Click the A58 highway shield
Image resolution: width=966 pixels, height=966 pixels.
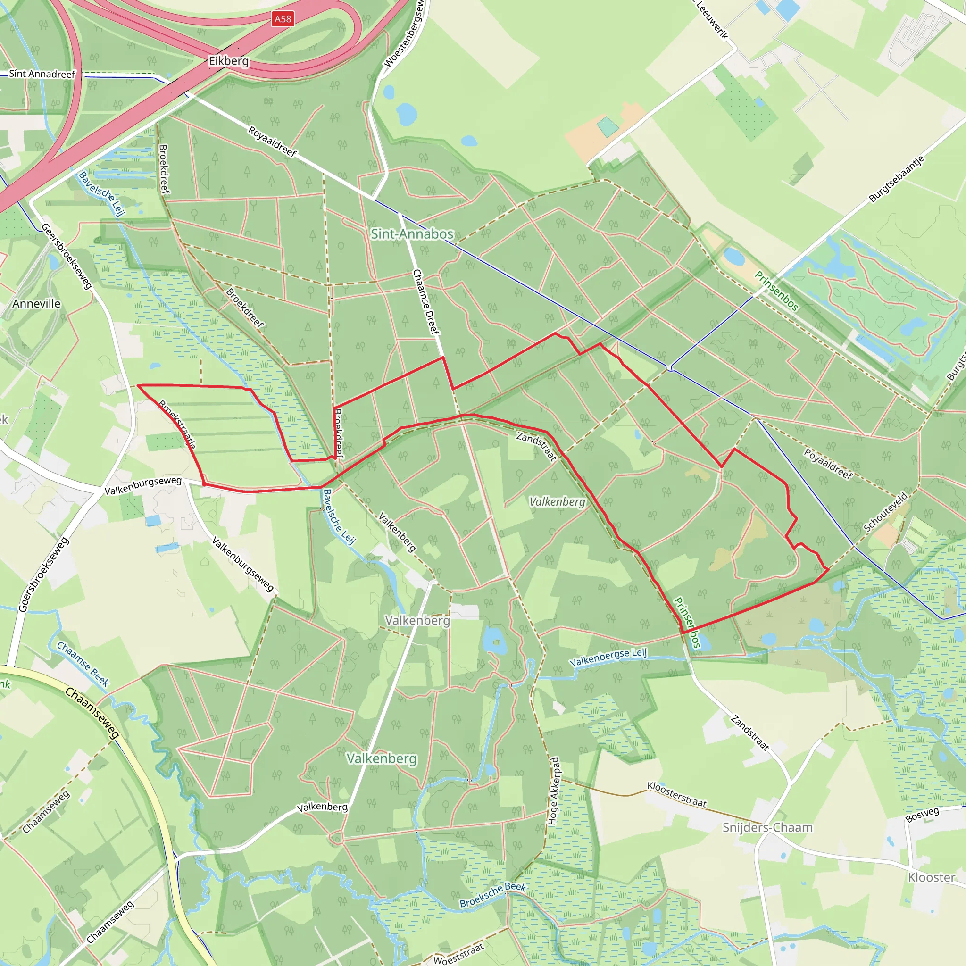283,19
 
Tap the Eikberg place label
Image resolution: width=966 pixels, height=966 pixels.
228,61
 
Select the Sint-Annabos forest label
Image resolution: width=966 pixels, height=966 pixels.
412,233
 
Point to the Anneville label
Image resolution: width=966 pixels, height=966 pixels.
36,303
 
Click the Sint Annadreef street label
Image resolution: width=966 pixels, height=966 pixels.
42,74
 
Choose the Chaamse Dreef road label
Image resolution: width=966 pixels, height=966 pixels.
425,301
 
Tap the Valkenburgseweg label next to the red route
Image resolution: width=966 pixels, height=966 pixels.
143,485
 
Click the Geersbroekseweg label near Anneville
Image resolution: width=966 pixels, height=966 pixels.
67,256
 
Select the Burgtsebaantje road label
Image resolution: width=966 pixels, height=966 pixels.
897,179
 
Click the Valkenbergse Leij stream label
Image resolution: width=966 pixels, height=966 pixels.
608,657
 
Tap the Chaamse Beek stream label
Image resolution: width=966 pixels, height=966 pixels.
83,664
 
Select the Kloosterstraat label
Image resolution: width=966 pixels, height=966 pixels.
677,794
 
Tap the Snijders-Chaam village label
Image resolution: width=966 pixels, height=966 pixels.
767,827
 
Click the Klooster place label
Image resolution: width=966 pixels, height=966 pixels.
932,877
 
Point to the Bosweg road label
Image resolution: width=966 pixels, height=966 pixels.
922,815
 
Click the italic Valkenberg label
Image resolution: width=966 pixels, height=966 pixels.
557,501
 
